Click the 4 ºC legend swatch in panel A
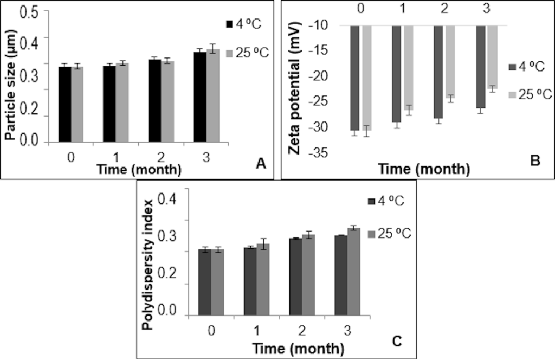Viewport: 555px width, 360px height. (229, 24)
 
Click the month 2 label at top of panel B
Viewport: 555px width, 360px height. (443, 9)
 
